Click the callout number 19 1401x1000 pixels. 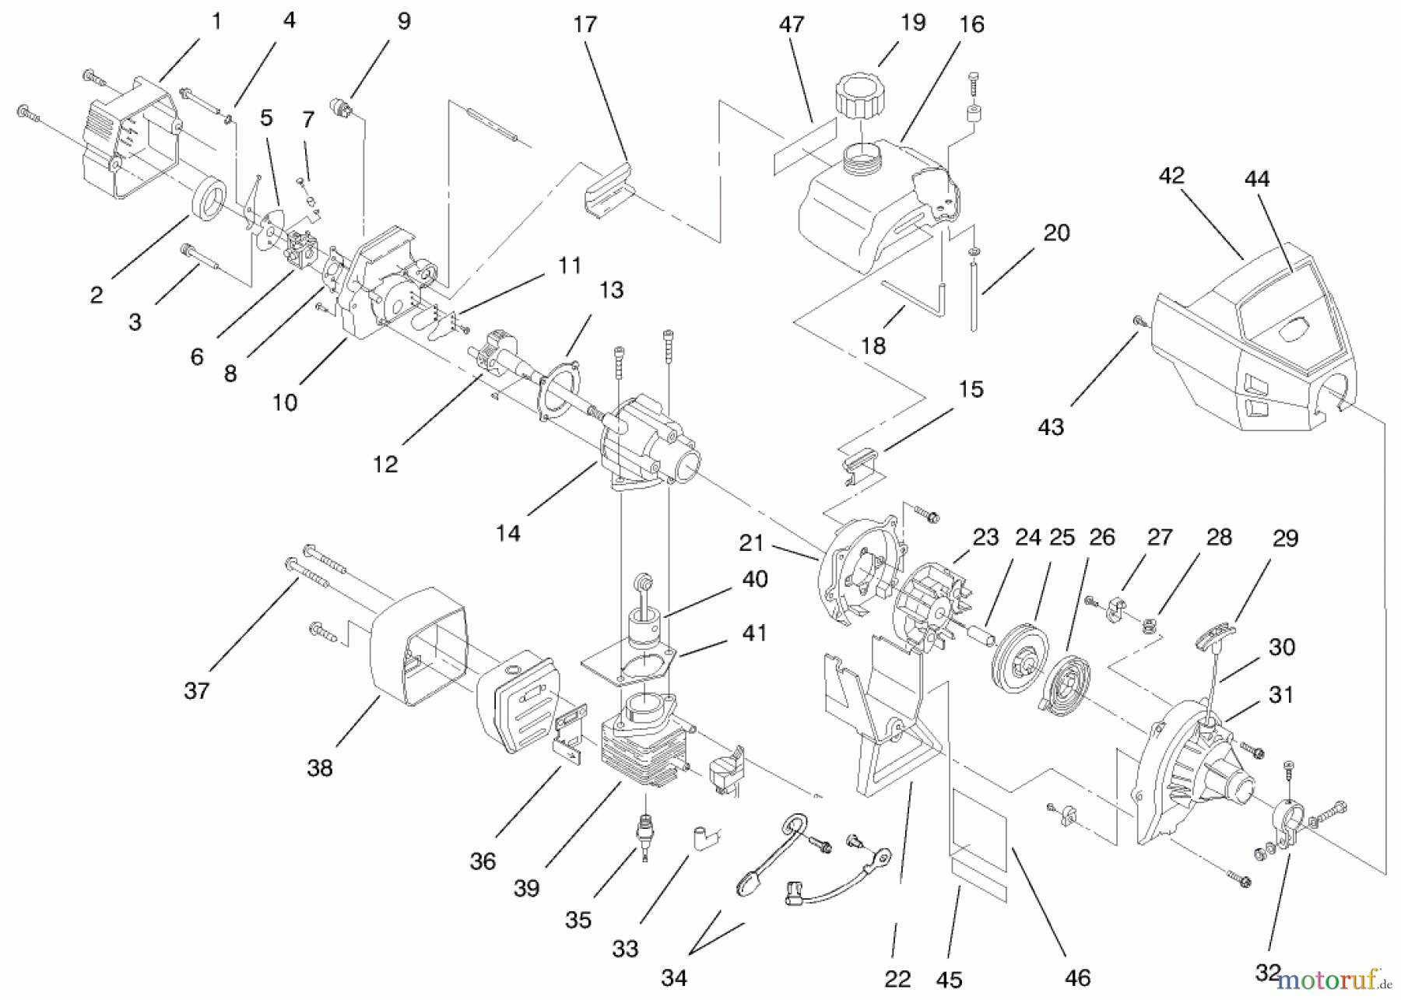point(912,23)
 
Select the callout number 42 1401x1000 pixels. point(1171,176)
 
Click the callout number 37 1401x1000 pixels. point(197,690)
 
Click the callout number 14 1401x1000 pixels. point(508,533)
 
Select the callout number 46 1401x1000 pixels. point(1078,977)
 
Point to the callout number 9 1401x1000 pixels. point(403,22)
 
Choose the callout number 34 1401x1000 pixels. point(674,977)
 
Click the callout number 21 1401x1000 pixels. point(751,542)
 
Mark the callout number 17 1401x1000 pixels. point(585,25)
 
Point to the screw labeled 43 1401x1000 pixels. point(1138,320)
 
